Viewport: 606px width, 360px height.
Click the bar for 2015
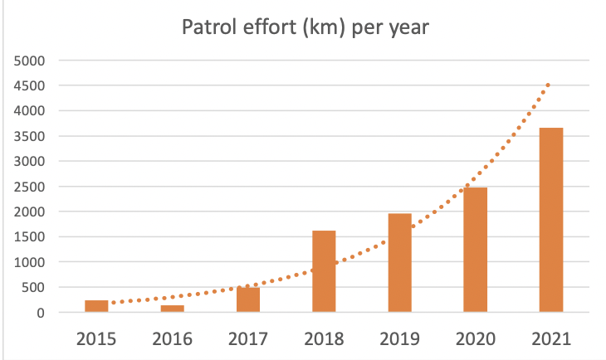pos(96,306)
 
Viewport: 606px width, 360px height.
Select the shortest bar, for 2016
pos(172,309)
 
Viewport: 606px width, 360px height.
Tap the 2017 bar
pos(247,299)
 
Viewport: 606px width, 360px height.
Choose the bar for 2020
pos(475,250)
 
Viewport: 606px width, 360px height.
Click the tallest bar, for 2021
pos(551,220)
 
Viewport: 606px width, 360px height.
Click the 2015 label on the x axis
pos(96,338)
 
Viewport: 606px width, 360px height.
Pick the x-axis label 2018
pos(324,338)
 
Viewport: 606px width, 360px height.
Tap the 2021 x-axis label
pos(551,338)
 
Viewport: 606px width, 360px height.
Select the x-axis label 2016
pos(172,338)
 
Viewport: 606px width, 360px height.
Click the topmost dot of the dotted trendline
pos(548,85)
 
